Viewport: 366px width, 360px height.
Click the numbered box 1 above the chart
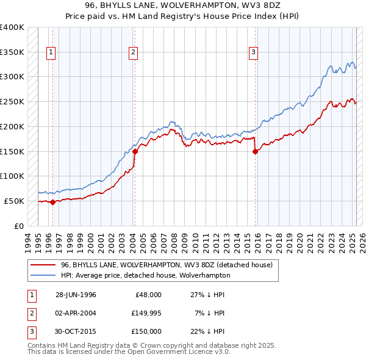[52, 53]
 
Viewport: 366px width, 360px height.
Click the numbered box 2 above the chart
[133, 53]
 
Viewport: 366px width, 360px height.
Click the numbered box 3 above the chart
[253, 53]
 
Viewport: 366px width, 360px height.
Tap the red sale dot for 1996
[52, 202]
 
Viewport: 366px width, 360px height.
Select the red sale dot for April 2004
[135, 151]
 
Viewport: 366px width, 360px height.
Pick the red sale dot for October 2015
[256, 152]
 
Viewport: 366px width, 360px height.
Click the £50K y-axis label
[14, 201]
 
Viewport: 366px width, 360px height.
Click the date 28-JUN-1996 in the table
[76, 295]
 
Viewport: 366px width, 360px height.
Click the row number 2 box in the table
[30, 313]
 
